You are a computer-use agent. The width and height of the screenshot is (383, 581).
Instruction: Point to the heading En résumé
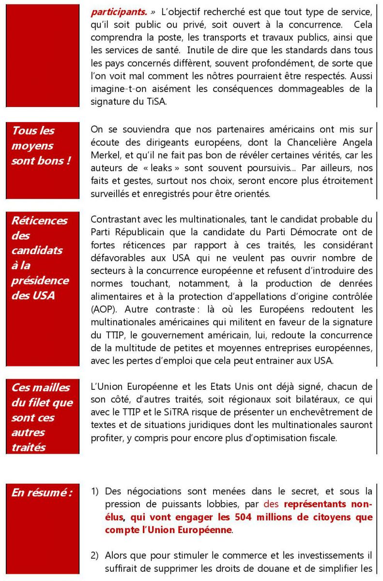tap(42, 493)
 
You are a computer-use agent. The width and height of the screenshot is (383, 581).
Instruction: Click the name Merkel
tap(104, 155)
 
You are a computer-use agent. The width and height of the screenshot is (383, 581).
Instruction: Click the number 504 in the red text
tap(244, 517)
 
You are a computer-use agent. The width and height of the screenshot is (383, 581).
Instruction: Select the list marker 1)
tap(96, 491)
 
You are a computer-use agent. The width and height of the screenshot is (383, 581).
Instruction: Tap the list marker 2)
tap(96, 555)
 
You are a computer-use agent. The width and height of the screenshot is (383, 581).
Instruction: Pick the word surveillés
tap(108, 194)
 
